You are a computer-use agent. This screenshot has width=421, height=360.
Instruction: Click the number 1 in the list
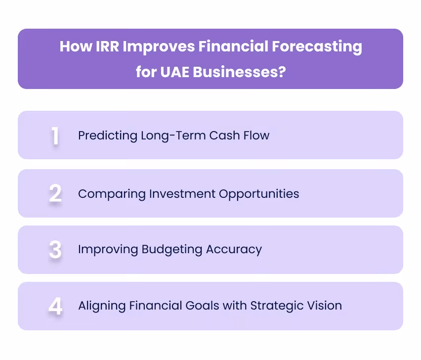click(x=55, y=136)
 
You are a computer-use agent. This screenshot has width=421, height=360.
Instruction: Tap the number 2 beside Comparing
click(x=55, y=193)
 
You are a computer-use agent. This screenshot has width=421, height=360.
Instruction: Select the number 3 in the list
click(x=55, y=250)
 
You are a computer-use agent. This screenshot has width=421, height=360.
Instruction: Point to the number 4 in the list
click(x=55, y=306)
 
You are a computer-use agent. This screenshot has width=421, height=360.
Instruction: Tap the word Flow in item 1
click(x=257, y=135)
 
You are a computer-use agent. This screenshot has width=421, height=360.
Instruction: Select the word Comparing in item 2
click(x=106, y=193)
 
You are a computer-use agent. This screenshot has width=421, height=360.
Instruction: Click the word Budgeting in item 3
click(x=171, y=249)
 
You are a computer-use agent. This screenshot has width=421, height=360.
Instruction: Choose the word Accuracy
click(x=233, y=249)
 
